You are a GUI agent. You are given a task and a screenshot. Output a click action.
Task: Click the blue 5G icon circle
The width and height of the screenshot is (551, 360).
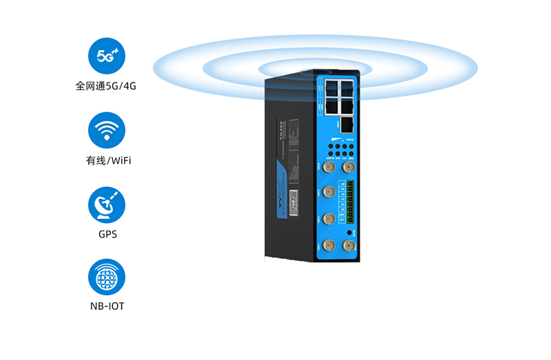[107, 56]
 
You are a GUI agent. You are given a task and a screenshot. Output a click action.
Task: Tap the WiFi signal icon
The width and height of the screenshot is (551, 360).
[107, 131]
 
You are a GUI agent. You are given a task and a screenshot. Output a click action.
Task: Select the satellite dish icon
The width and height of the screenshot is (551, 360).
[107, 204]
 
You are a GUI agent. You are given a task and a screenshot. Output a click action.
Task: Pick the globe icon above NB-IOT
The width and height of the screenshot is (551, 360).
[107, 277]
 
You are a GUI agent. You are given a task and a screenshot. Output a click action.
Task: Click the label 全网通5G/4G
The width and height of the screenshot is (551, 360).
[107, 87]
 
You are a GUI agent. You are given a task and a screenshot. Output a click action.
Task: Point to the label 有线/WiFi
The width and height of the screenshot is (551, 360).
[107, 161]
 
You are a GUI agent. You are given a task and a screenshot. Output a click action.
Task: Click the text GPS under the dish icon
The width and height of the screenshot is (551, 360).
[107, 234]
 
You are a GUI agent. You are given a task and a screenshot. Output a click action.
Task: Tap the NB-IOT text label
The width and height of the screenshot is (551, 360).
[107, 306]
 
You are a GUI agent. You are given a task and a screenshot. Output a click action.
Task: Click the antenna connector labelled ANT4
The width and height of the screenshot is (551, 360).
[329, 165]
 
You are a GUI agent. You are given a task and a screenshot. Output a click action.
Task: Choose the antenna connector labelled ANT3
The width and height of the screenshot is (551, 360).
[329, 192]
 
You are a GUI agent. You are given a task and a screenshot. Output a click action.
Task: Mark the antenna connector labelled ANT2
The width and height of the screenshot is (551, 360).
[329, 219]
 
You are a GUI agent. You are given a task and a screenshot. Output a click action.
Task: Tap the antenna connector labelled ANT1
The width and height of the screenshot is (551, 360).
[329, 245]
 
